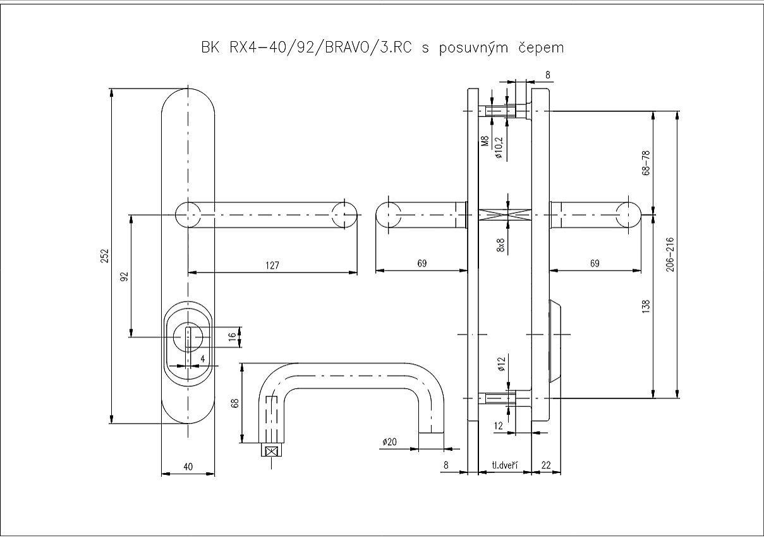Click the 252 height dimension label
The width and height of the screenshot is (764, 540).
pyautogui.click(x=106, y=255)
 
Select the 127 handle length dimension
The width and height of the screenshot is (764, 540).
pyautogui.click(x=272, y=265)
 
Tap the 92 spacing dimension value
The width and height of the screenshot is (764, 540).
pyautogui.click(x=124, y=276)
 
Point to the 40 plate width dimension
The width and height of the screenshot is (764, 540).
pyautogui.click(x=188, y=466)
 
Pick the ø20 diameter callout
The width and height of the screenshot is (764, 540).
pyautogui.click(x=389, y=443)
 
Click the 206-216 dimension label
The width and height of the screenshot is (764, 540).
pyautogui.click(x=670, y=255)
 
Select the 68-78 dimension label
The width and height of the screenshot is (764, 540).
pyautogui.click(x=645, y=164)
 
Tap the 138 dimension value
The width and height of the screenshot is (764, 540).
pyautogui.click(x=645, y=307)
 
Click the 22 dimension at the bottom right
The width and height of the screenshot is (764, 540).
pyautogui.click(x=547, y=466)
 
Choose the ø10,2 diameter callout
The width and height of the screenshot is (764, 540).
pyautogui.click(x=499, y=147)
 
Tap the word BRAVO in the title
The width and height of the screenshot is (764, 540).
pyautogui.click(x=346, y=48)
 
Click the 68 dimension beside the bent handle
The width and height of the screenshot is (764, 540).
pyautogui.click(x=234, y=403)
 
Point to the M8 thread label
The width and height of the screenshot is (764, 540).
pyautogui.click(x=485, y=142)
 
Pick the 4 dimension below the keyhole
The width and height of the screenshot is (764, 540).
pyautogui.click(x=202, y=359)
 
